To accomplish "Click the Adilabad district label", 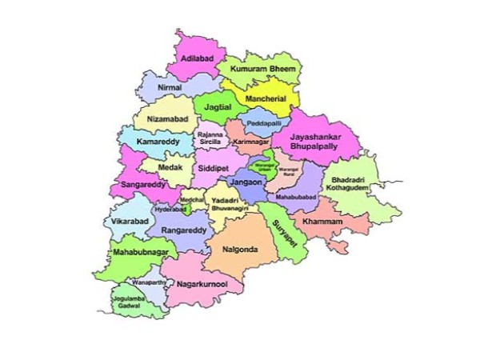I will click(x=196, y=59).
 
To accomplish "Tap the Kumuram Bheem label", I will click(x=263, y=70).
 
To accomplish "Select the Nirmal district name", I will click(x=170, y=86).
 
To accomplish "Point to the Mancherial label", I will click(x=266, y=98).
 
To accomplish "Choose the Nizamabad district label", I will click(x=167, y=119).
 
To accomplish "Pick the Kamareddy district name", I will click(x=156, y=142).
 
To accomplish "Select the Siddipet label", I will click(x=214, y=170).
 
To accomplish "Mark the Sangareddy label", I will click(x=143, y=183).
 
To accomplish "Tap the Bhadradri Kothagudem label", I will click(x=348, y=186).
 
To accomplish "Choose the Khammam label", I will click(x=323, y=221).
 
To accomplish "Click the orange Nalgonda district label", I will click(x=239, y=250).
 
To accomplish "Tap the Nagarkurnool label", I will click(x=202, y=284).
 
